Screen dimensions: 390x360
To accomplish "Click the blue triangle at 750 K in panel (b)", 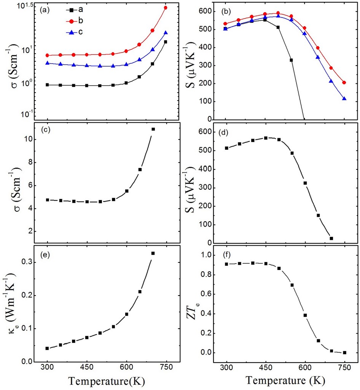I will [344, 99].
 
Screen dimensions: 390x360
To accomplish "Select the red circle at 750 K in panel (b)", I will [344, 83].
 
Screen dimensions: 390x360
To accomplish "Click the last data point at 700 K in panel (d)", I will [331, 238].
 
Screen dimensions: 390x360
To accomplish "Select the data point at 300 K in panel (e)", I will [47, 348].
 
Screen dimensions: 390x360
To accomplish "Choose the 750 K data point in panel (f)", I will [344, 353].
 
